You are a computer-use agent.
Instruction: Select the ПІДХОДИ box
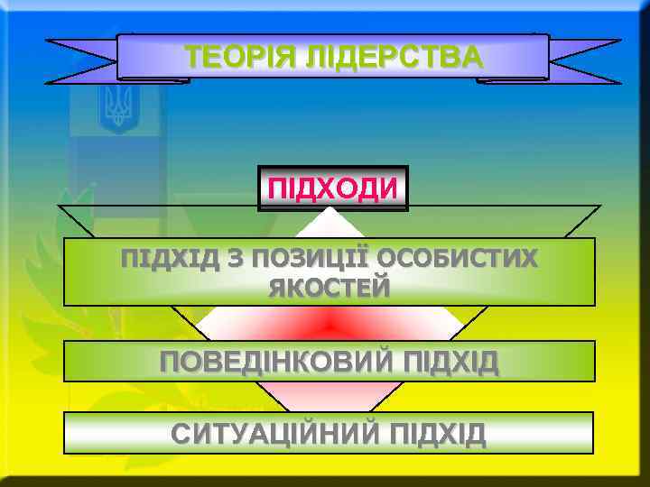tap(332, 188)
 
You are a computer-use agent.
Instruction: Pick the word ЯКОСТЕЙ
tap(329, 288)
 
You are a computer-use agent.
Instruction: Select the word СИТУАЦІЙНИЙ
tap(277, 434)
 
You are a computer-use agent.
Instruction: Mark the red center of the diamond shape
tap(330, 322)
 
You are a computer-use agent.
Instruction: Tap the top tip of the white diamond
tap(331, 210)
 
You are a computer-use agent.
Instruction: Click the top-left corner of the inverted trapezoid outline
tap(60, 207)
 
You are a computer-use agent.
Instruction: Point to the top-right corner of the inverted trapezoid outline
tap(599, 207)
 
